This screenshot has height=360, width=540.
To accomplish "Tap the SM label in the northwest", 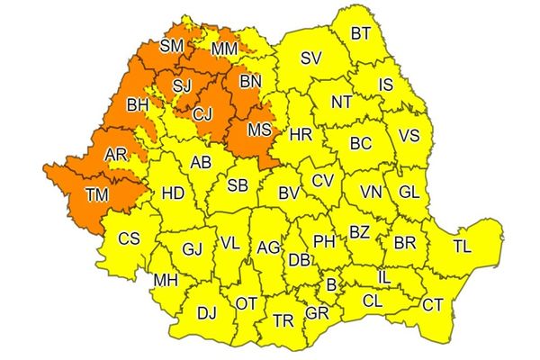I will tap(171, 46).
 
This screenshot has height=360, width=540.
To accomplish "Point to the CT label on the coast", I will tap(433, 305).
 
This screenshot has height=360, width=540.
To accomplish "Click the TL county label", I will tap(462, 245).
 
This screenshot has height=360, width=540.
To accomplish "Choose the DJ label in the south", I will tap(207, 312).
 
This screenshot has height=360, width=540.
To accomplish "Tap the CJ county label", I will tap(203, 113).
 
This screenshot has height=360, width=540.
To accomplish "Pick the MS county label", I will tap(259, 130).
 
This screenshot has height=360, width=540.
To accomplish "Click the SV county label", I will tap(310, 58).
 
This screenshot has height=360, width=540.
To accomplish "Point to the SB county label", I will tap(238, 184).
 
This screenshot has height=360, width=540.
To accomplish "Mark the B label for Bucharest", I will tap(331, 284).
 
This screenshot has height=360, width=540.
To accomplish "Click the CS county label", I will tap(129, 239).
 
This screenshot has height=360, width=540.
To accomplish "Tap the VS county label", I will tap(409, 137).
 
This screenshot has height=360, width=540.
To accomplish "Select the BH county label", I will tap(138, 105).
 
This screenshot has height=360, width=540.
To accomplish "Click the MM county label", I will tap(225, 48).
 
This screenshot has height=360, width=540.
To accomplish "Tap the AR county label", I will tap(116, 155).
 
